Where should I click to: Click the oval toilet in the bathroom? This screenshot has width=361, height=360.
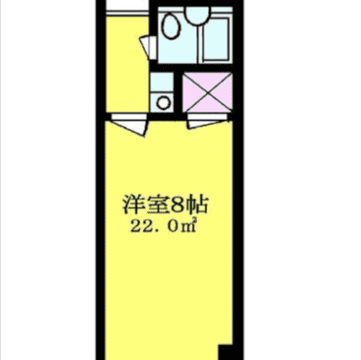coord(171,26)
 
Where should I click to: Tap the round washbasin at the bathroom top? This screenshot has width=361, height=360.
coord(198,15)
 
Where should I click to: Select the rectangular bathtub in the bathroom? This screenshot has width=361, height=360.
coord(216,40)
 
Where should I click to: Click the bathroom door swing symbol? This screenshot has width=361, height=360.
coord(148,47)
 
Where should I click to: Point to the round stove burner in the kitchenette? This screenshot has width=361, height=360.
coord(163,103)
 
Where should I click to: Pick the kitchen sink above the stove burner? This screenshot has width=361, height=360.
coord(161,82)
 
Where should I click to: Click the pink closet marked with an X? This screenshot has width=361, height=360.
coord(207,92)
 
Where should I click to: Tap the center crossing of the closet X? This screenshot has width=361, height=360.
coord(207,92)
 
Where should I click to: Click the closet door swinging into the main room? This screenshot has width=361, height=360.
coord(208,122)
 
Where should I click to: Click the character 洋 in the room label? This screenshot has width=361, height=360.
coord(133,205)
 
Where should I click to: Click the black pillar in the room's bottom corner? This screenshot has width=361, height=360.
coord(226,352)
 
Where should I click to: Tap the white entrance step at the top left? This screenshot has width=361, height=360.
coord(127,5)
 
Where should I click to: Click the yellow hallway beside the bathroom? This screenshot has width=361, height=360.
coord(127,64)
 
